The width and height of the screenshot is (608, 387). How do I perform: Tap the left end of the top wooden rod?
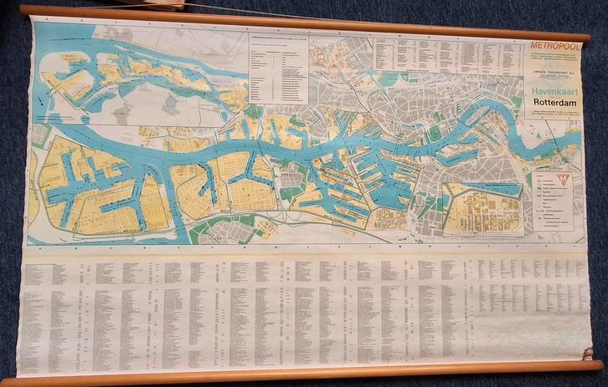click(x=23, y=10)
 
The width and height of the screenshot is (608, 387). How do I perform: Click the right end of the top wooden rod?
click(x=585, y=38)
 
